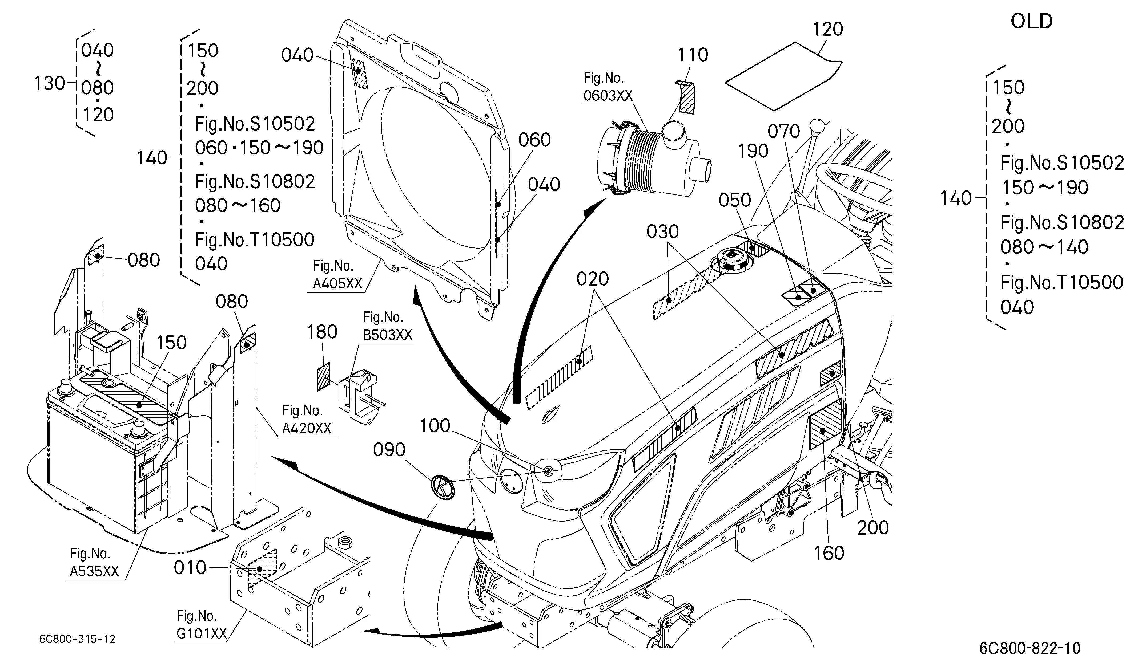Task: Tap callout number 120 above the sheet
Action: pyautogui.click(x=828, y=29)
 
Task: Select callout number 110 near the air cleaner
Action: pyautogui.click(x=693, y=55)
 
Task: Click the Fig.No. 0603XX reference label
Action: pyautogui.click(x=608, y=87)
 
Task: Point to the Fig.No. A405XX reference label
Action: pyautogui.click(x=337, y=274)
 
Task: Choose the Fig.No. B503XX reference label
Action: pyautogui.click(x=387, y=326)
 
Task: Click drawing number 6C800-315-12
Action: pyautogui.click(x=77, y=639)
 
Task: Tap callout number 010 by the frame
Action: pyautogui.click(x=190, y=567)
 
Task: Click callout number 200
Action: pyautogui.click(x=873, y=528)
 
